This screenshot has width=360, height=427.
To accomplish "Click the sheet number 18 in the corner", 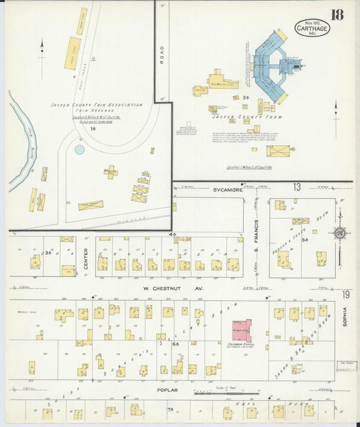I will point(336,15).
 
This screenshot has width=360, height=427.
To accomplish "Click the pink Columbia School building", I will point(242,330).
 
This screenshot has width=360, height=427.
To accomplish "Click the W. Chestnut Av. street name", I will point(165,288).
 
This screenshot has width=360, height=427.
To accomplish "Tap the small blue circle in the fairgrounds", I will point(80,149).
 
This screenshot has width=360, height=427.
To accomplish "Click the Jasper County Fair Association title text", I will point(96,105).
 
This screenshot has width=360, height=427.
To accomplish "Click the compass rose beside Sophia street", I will point(338,233).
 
